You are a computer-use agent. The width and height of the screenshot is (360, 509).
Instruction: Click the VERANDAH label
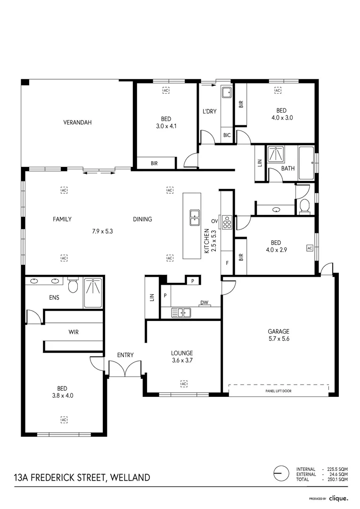coord(77,123)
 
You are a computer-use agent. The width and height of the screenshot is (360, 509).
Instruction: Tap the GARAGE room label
coord(278,331)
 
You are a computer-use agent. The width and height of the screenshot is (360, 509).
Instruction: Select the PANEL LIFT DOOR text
coord(278,391)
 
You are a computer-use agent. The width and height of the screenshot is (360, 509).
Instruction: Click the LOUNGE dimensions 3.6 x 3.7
coord(182,361)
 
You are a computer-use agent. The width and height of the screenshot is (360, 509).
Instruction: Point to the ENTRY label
coord(125,355)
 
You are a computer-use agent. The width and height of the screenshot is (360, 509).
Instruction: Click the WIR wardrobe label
coord(73,332)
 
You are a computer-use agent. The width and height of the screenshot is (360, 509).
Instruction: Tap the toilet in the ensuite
coord(73,286)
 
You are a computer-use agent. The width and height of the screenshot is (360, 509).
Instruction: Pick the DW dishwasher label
coord(204,303)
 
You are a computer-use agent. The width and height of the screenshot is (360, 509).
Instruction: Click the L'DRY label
coord(209,111)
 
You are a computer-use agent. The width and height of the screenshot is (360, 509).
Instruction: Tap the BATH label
coord(288,168)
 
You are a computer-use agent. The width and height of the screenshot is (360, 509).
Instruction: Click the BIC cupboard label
coord(227,136)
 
